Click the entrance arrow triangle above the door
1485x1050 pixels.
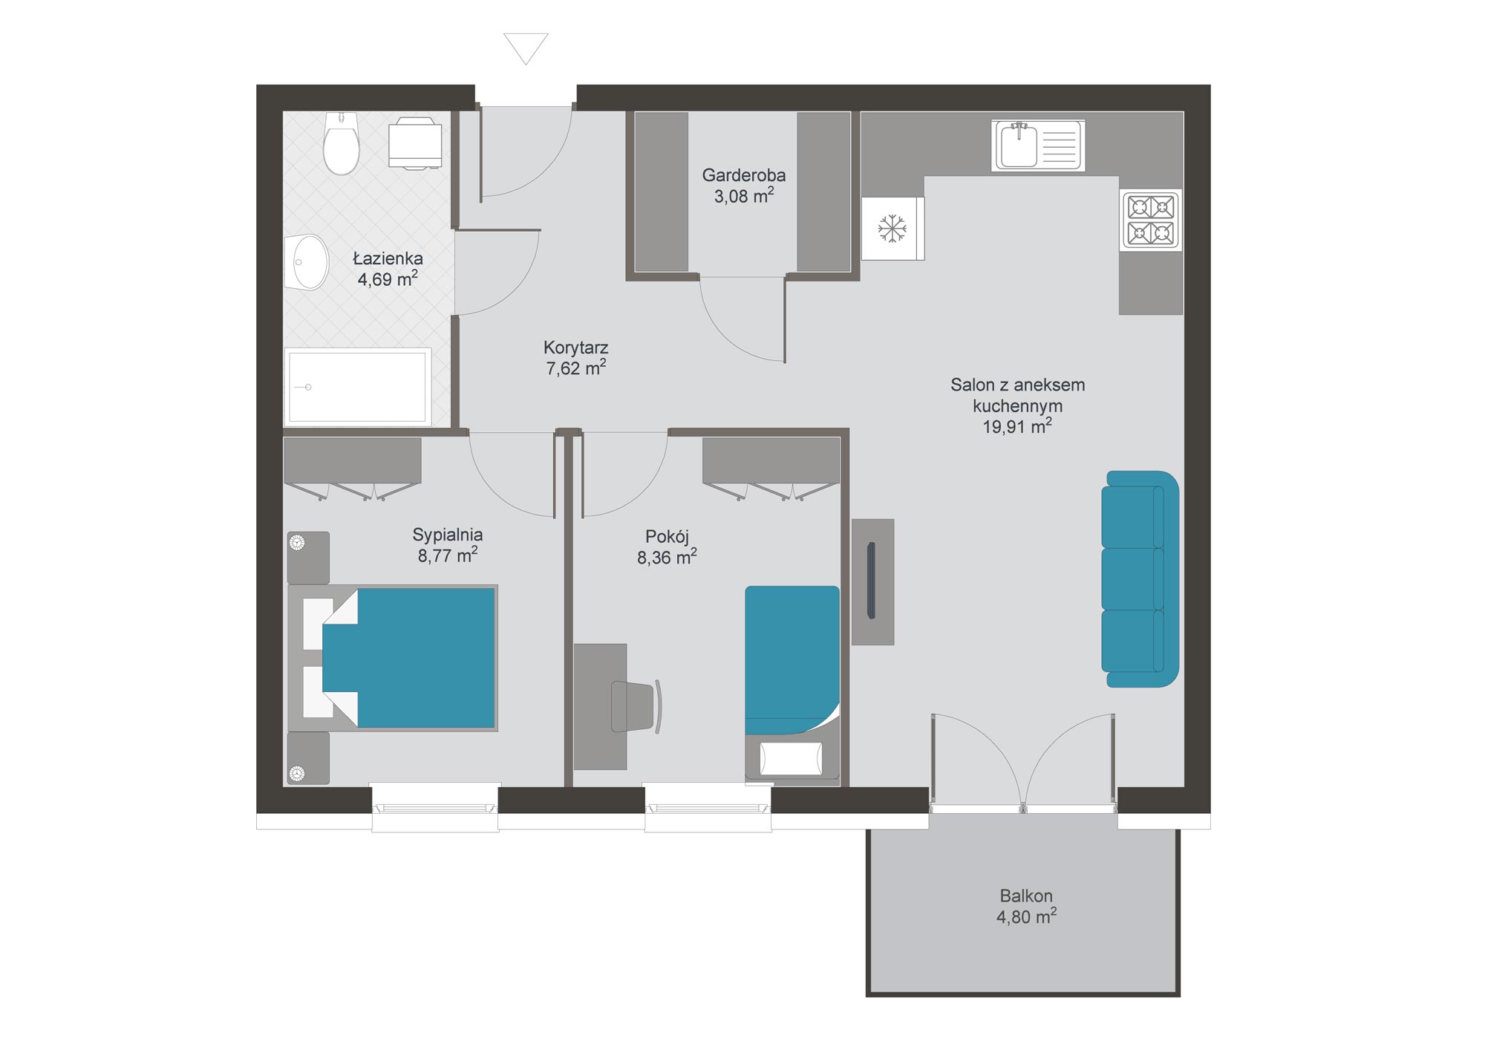pyautogui.click(x=526, y=47)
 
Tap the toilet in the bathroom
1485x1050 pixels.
pyautogui.click(x=341, y=143)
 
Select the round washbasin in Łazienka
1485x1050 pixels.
pyautogui.click(x=307, y=262)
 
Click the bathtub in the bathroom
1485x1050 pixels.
pyautogui.click(x=358, y=386)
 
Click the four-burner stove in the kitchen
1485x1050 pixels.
pyautogui.click(x=1151, y=220)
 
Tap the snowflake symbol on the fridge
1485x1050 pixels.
pyautogui.click(x=892, y=229)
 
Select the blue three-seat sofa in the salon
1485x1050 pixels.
pyautogui.click(x=1140, y=579)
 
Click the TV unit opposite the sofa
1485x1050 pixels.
pyautogui.click(x=872, y=581)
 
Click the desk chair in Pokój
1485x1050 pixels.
pyautogui.click(x=636, y=706)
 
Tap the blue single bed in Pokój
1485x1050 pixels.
pyautogui.click(x=792, y=660)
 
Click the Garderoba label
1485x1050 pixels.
pyautogui.click(x=744, y=175)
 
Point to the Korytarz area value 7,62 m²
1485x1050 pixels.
pyautogui.click(x=576, y=368)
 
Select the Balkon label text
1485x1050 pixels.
pyautogui.click(x=1026, y=896)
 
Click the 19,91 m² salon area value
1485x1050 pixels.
pyautogui.click(x=1017, y=426)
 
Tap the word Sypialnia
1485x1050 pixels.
pyautogui.click(x=448, y=535)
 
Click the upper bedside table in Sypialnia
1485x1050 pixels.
pyautogui.click(x=308, y=557)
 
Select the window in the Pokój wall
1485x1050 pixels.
pyautogui.click(x=708, y=808)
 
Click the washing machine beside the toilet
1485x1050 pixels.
pyautogui.click(x=416, y=143)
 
